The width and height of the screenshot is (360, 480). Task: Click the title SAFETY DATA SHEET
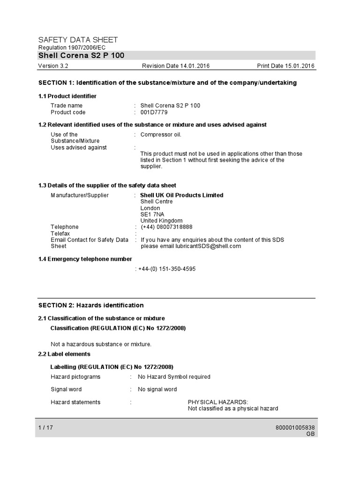tap(78, 40)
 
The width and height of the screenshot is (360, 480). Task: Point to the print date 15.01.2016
tap(300, 66)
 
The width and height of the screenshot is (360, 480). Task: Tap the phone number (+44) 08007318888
tap(166, 227)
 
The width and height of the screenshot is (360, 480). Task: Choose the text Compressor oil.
tap(161, 135)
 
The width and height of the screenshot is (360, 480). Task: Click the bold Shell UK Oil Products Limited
tap(182, 195)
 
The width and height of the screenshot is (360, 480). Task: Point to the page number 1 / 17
tap(46, 427)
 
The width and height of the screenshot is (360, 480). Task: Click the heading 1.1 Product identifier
tap(67, 96)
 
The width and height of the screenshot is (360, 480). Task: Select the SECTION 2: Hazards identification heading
tap(91, 305)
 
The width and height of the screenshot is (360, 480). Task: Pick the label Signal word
tap(66, 389)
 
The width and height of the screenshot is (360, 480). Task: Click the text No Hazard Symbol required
tap(174, 376)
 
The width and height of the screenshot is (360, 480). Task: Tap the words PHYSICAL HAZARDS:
tap(218, 402)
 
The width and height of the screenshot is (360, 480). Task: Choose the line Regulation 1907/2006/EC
tap(72, 48)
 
